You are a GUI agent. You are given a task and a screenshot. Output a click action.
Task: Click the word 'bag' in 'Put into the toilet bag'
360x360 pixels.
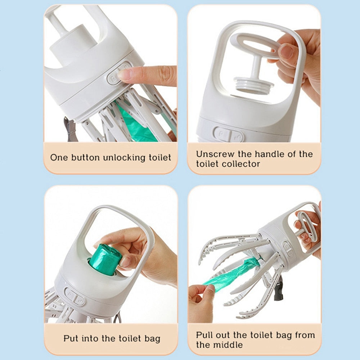pyautogui.click(x=152, y=339)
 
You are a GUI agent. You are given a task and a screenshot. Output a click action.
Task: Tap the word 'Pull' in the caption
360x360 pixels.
pyautogui.click(x=204, y=335)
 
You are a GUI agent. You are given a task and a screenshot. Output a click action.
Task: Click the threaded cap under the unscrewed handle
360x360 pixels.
pyautogui.click(x=254, y=85)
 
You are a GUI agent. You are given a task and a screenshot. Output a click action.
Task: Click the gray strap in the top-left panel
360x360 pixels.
pyautogui.click(x=71, y=129)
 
